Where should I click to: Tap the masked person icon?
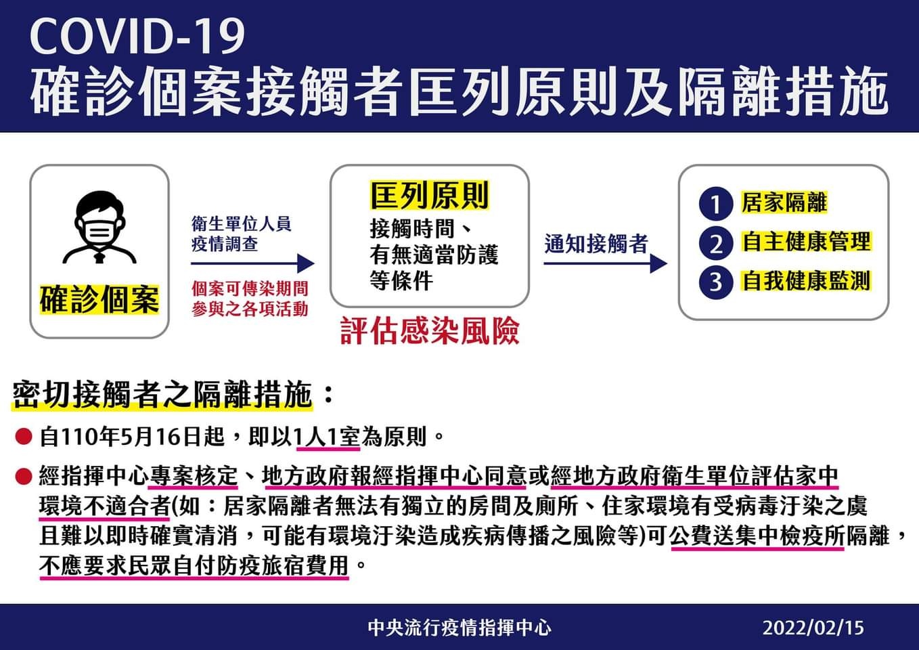point(99,227)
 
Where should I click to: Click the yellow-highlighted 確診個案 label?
point(99,299)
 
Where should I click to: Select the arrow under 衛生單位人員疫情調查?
point(252,263)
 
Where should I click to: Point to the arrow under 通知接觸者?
point(606,263)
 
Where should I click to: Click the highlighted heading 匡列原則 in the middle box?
point(430,196)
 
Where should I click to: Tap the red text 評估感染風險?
point(430,330)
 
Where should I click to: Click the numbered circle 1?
point(716,204)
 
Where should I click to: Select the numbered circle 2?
point(716,243)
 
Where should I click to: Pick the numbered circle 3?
point(716,282)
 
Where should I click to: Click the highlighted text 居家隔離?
point(784,202)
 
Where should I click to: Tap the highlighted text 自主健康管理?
point(807,241)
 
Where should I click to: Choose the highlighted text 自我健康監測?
point(807,281)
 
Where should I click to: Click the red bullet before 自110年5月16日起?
point(24,437)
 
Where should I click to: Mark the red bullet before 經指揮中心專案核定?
point(24,477)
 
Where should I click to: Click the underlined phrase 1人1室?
point(328,437)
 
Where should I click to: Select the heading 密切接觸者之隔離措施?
point(162,395)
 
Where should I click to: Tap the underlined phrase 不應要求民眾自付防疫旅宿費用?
point(194,566)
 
